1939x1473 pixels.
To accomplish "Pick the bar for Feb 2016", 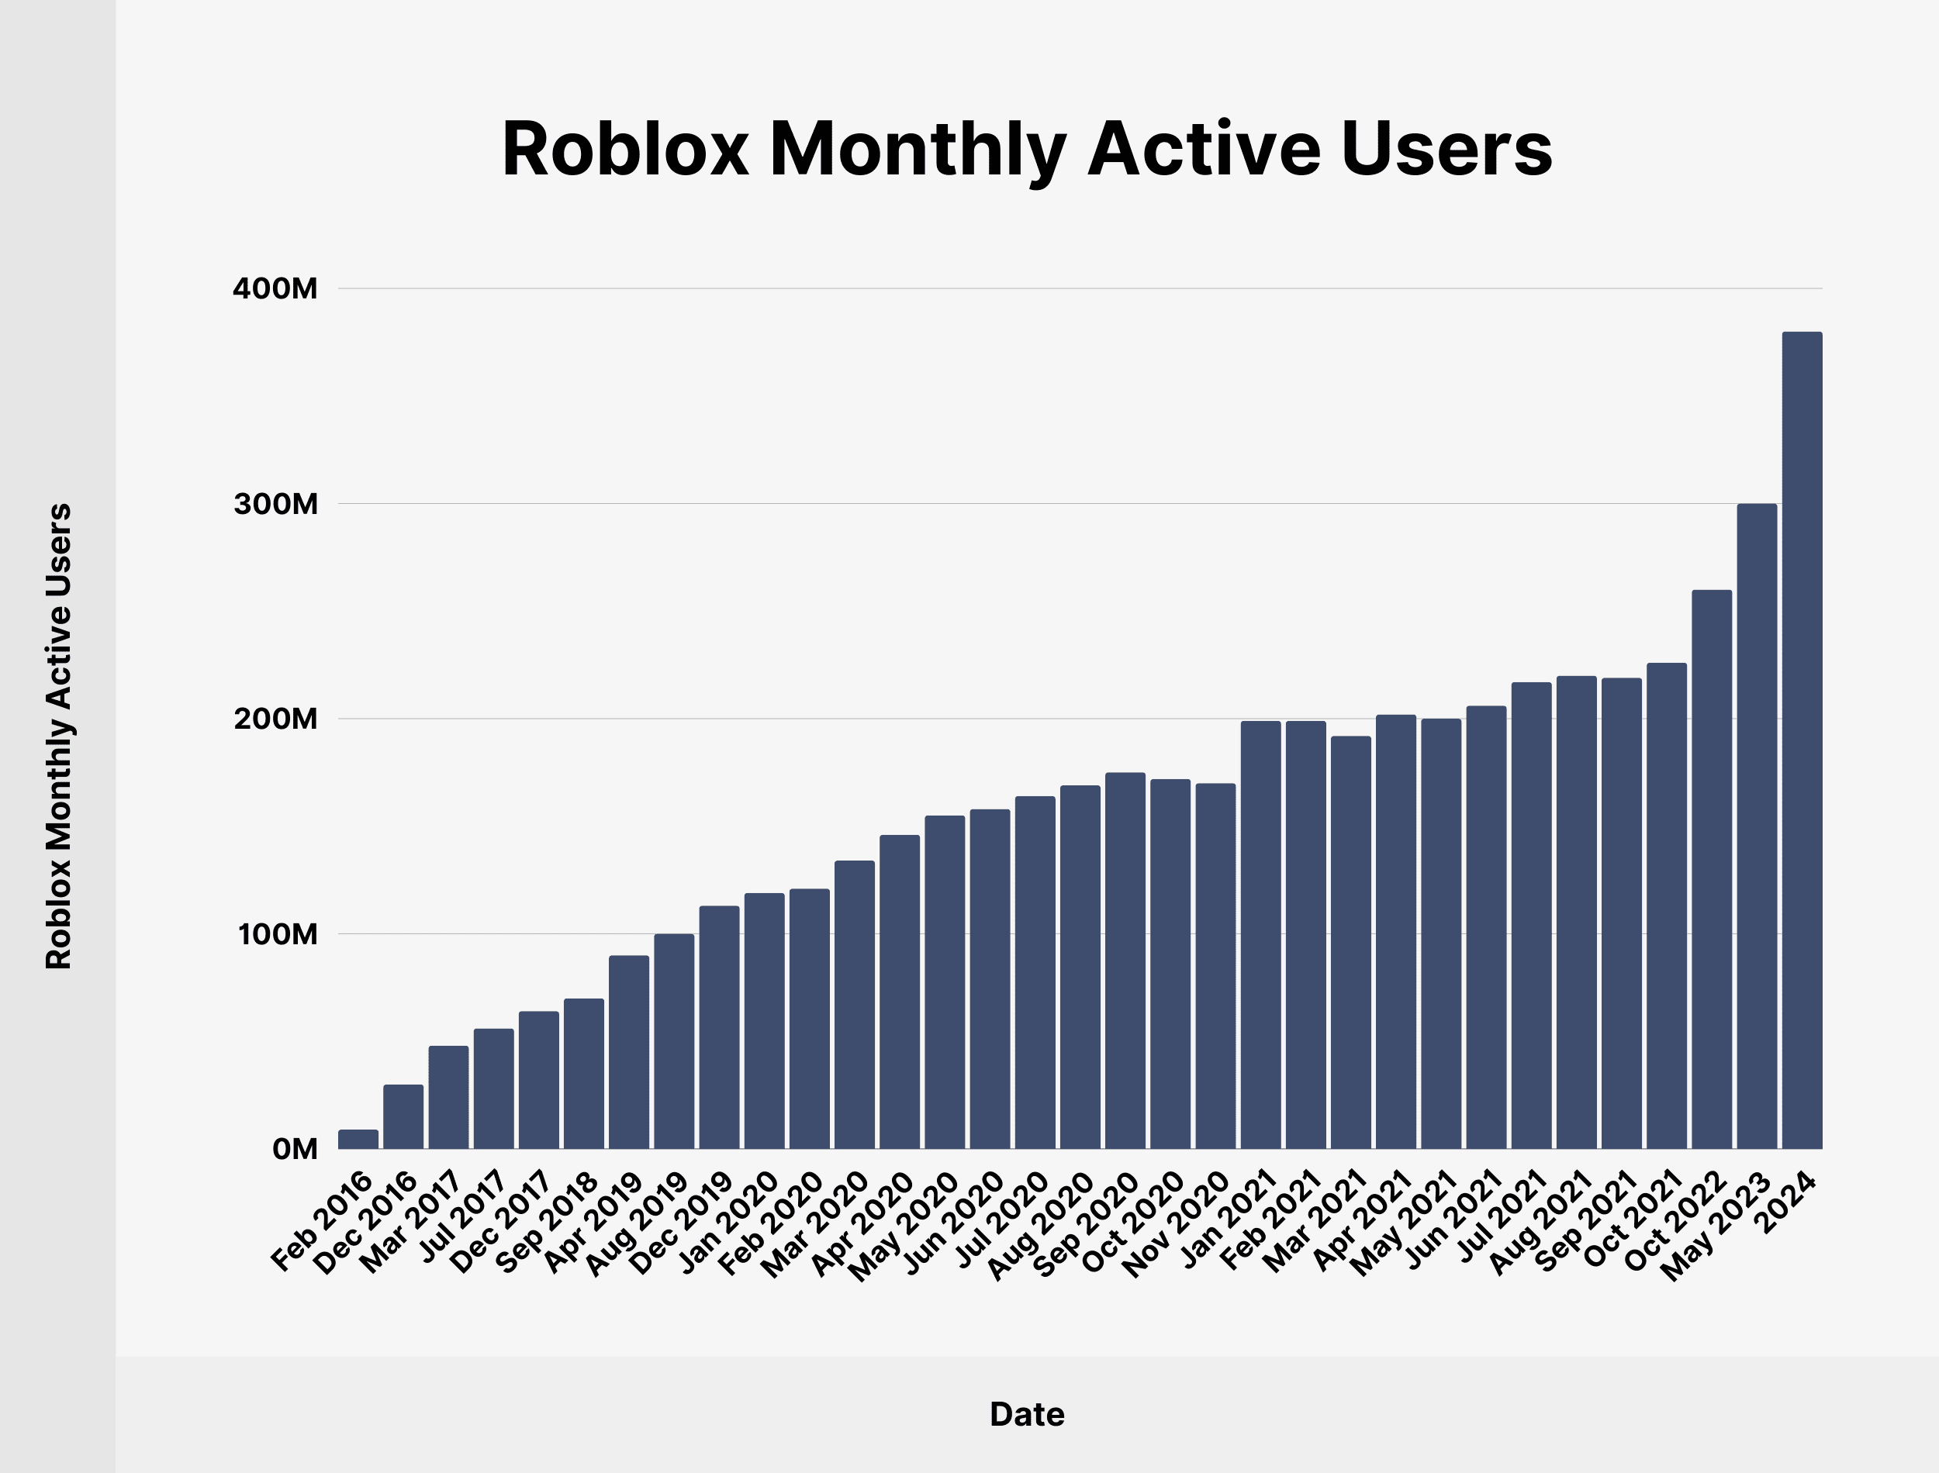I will pos(358,1139).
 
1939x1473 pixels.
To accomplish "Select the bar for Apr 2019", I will pos(629,1052).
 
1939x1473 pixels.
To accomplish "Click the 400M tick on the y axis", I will pos(275,288).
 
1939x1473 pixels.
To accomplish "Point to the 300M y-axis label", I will pos(275,504).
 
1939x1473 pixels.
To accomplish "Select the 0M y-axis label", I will pos(295,1150).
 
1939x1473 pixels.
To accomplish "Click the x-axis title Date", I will pos(1027,1414).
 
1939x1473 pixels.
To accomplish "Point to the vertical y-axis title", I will pos(59,736).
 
